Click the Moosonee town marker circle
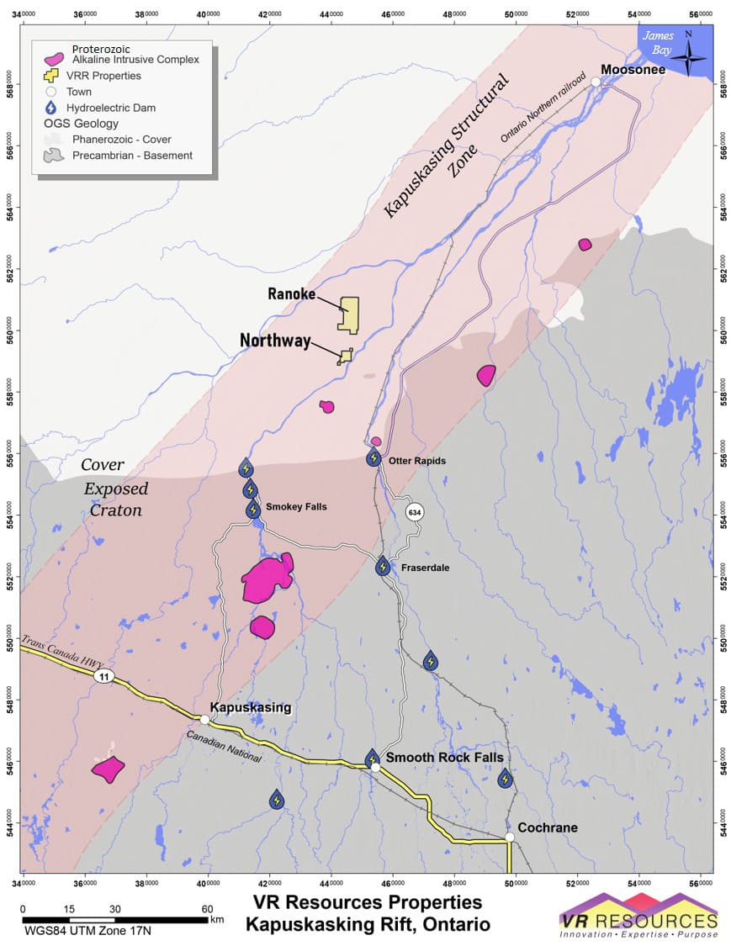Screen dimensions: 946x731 coord(596,82)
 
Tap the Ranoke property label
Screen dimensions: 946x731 coord(291,294)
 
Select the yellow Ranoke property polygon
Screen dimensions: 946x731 coord(348,314)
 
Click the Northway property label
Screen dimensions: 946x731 coord(275,341)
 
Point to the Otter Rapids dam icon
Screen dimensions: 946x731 coord(373,458)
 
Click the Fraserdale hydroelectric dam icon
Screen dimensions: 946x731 coord(384,566)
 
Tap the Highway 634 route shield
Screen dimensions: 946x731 coord(414,511)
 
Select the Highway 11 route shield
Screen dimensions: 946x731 coord(103,676)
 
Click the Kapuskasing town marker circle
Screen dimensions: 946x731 coord(204,719)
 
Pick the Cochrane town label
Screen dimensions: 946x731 coord(547,827)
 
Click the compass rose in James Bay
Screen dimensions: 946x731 coord(689,53)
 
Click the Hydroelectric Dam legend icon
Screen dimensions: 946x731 coord(53,108)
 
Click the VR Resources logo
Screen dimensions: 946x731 coord(638,916)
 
